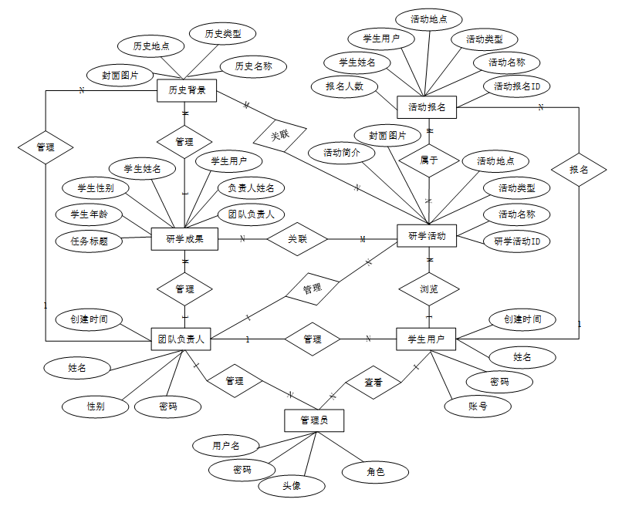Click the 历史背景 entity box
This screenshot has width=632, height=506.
tap(187, 91)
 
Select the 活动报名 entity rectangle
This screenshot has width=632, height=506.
tap(427, 107)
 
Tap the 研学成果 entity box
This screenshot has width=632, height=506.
tap(185, 239)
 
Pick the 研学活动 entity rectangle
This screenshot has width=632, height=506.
tap(427, 237)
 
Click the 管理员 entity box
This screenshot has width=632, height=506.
tap(313, 420)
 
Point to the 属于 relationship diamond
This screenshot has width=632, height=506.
tap(429, 161)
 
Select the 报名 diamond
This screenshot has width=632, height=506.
tap(579, 169)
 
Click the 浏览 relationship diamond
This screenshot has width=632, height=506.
tap(429, 289)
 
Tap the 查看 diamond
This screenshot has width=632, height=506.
tap(373, 382)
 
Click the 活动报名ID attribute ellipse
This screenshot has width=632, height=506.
tap(517, 86)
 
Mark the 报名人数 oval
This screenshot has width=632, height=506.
tap(344, 87)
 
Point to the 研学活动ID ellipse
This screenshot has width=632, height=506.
tap(517, 241)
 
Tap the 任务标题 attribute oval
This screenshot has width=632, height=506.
tap(90, 241)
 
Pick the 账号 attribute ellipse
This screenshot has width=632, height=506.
tap(478, 406)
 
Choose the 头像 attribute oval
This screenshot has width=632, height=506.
tap(291, 486)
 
